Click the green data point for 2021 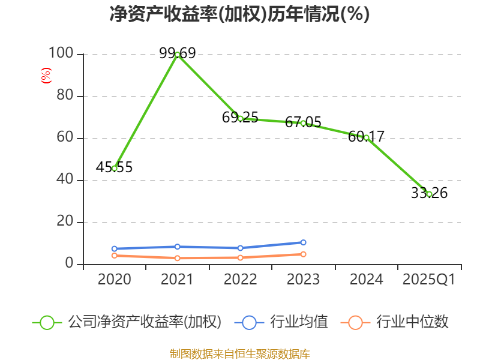178,55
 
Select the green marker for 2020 115,168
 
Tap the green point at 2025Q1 429,194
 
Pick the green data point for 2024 366,137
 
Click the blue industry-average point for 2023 304,242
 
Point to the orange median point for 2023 304,254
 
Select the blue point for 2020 115,248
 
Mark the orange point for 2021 178,258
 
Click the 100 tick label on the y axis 61,54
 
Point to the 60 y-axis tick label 65,138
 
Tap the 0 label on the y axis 70,264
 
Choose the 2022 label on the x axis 240,279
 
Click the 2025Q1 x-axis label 428,279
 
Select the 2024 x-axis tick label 366,279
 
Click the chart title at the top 240,14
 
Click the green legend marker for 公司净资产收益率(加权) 47,322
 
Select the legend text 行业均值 299,322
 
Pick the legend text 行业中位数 412,322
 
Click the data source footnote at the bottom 240,353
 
